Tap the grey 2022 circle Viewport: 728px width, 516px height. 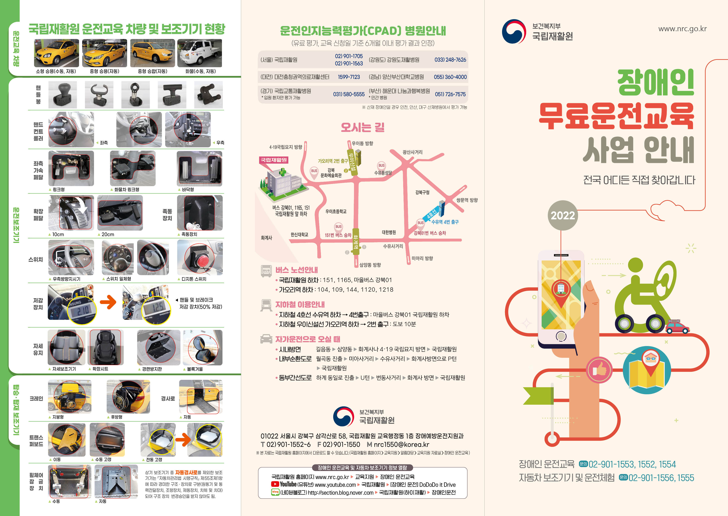point(563,215)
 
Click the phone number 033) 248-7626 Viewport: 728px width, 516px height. point(450,60)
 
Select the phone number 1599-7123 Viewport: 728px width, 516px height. point(349,77)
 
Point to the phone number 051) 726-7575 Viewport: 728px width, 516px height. point(450,94)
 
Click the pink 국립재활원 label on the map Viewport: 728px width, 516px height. point(274,160)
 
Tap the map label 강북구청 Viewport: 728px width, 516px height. point(422,192)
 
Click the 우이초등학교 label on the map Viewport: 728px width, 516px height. point(336,211)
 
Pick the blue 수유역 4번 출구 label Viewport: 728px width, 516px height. point(445,222)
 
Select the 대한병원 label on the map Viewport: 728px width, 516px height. point(389,232)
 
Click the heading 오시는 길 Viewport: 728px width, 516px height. point(362,127)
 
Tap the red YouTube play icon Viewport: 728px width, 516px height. point(275,484)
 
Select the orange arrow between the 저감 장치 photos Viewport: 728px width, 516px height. point(108,302)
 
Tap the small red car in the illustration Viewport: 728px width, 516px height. point(677,327)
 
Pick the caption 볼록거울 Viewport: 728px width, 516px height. point(194,369)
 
